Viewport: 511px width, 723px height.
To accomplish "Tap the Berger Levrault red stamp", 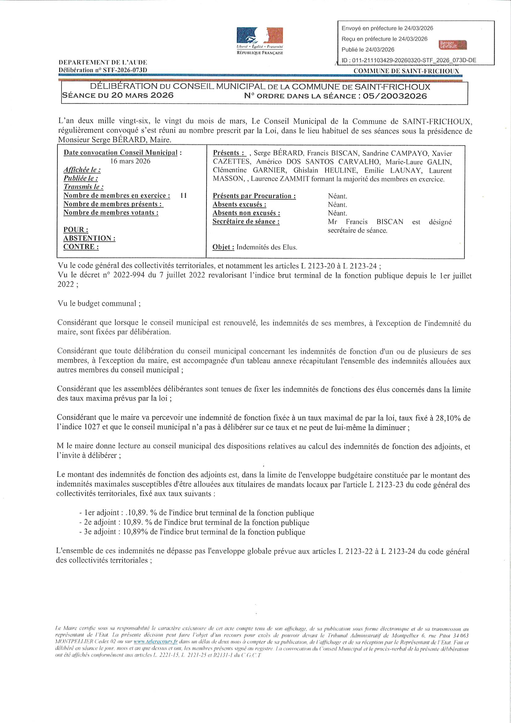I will [453, 45].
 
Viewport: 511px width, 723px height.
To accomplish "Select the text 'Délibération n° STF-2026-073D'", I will [103, 70].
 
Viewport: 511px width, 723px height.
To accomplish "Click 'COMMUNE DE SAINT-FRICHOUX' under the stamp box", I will [406, 71].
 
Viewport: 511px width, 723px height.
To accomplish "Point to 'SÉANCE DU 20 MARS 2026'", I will [117, 95].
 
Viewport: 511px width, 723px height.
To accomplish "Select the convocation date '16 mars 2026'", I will [130, 161].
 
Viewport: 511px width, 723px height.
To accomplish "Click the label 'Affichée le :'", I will [82, 170].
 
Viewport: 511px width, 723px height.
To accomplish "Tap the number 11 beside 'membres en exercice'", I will [183, 195].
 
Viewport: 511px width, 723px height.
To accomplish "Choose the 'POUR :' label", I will [75, 229].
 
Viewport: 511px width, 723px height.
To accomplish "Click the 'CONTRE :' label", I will [81, 246].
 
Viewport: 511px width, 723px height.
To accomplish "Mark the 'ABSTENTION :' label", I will [89, 238].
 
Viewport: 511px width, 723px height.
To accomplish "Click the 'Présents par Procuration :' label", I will [254, 196].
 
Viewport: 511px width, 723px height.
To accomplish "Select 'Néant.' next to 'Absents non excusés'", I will [337, 213].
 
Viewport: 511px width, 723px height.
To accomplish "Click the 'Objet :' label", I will [223, 247].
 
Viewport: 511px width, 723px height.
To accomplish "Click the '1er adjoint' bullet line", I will [197, 513].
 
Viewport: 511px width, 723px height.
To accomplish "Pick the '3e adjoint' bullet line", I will [192, 532].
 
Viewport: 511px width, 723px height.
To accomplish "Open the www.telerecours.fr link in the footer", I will [155, 641].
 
